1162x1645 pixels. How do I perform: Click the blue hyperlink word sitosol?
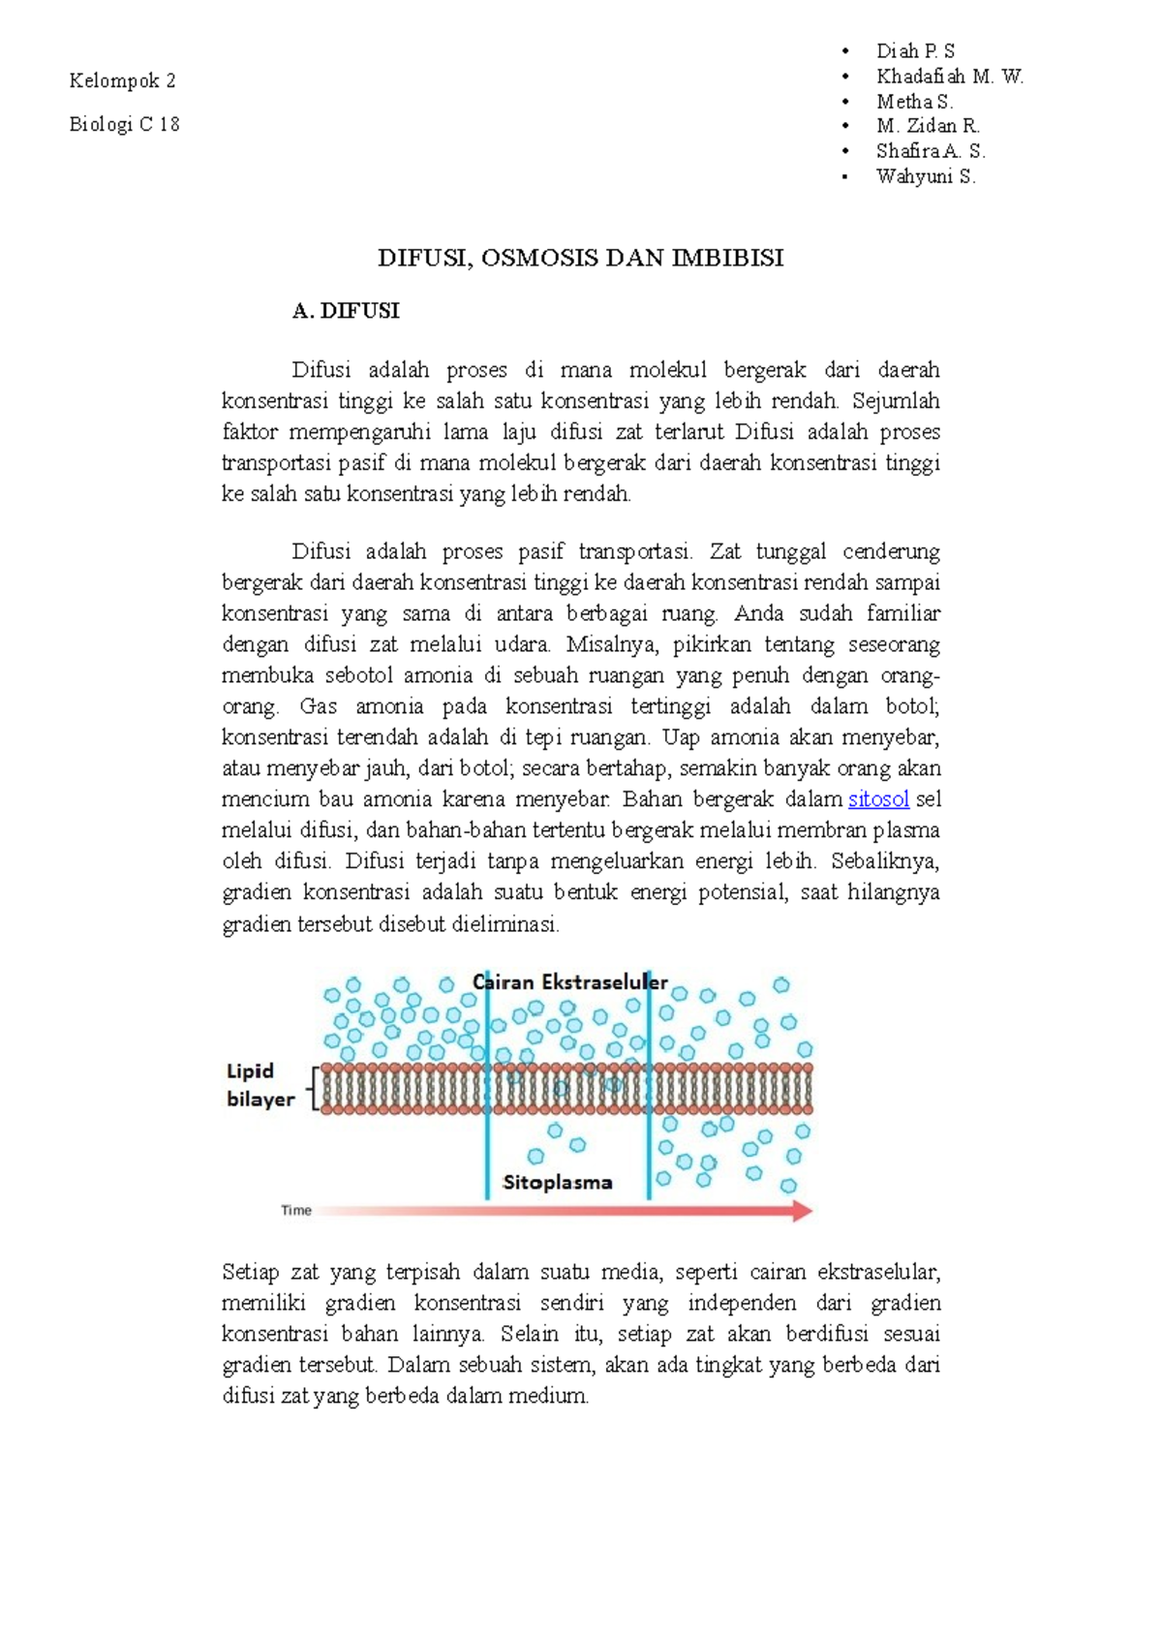click(878, 799)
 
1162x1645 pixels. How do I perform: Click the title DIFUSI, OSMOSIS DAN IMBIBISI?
click(580, 259)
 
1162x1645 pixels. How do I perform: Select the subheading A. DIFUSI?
click(346, 311)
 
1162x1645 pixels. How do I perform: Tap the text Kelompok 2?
click(122, 81)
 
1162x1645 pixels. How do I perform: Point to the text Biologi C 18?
click(124, 124)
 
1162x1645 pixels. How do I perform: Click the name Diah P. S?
click(915, 51)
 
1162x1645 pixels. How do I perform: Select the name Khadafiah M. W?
click(949, 77)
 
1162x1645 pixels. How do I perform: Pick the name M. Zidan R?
click(928, 126)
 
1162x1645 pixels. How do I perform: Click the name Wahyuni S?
click(926, 176)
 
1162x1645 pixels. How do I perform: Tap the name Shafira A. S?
click(930, 151)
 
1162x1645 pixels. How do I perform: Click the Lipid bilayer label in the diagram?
click(260, 1085)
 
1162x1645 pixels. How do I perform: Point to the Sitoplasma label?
click(558, 1183)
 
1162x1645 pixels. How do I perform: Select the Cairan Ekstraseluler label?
click(570, 982)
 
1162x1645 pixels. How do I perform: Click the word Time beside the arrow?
click(296, 1210)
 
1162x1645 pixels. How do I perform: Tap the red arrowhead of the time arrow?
click(802, 1211)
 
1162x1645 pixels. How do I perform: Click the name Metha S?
click(914, 102)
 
